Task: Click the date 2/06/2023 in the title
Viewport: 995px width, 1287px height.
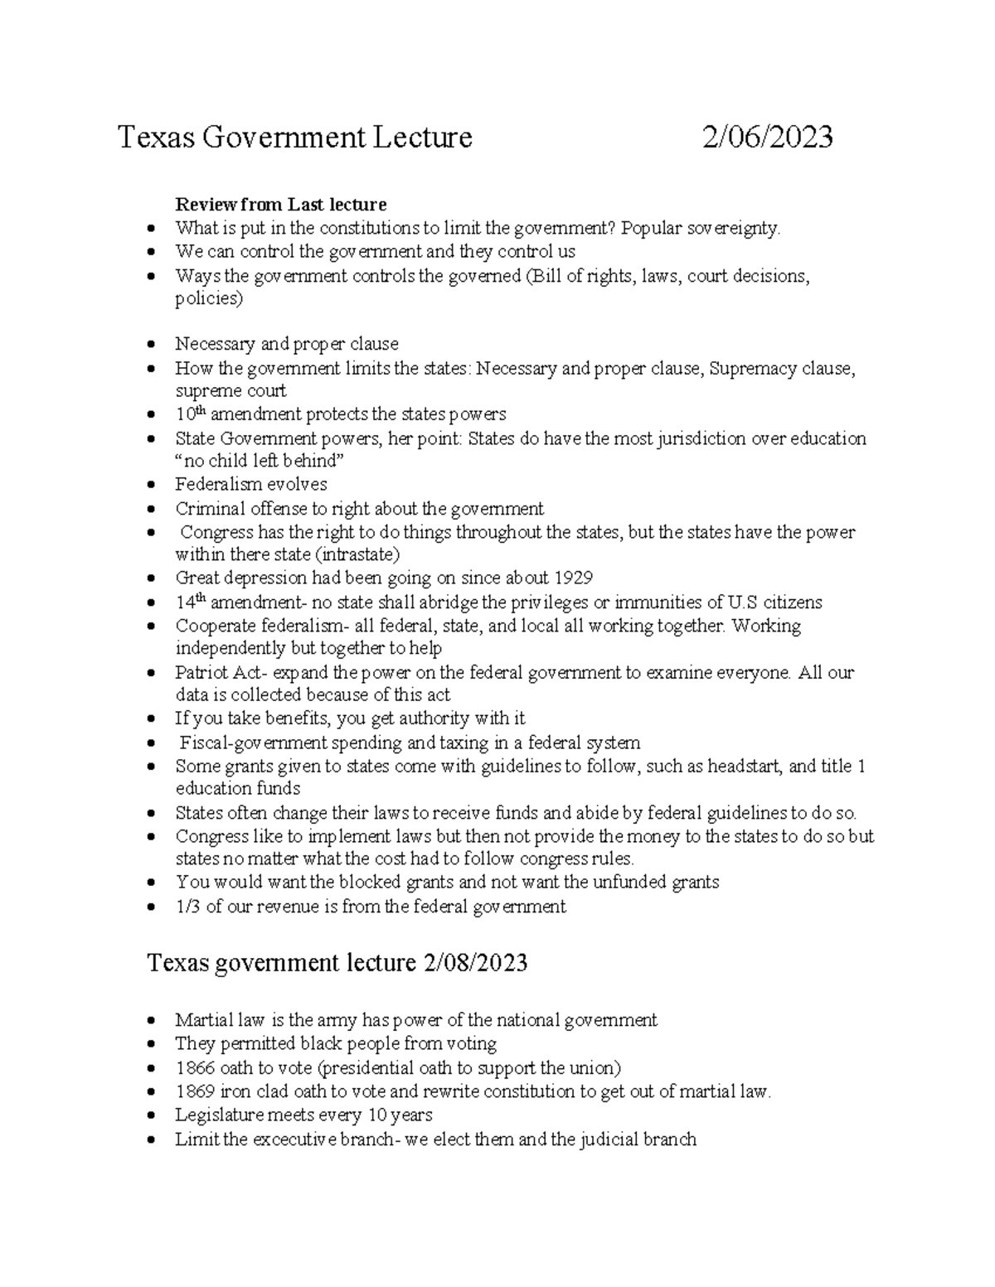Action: (x=767, y=137)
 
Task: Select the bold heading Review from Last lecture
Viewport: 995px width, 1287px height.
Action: (x=280, y=204)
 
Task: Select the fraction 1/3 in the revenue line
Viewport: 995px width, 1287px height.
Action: (x=187, y=907)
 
